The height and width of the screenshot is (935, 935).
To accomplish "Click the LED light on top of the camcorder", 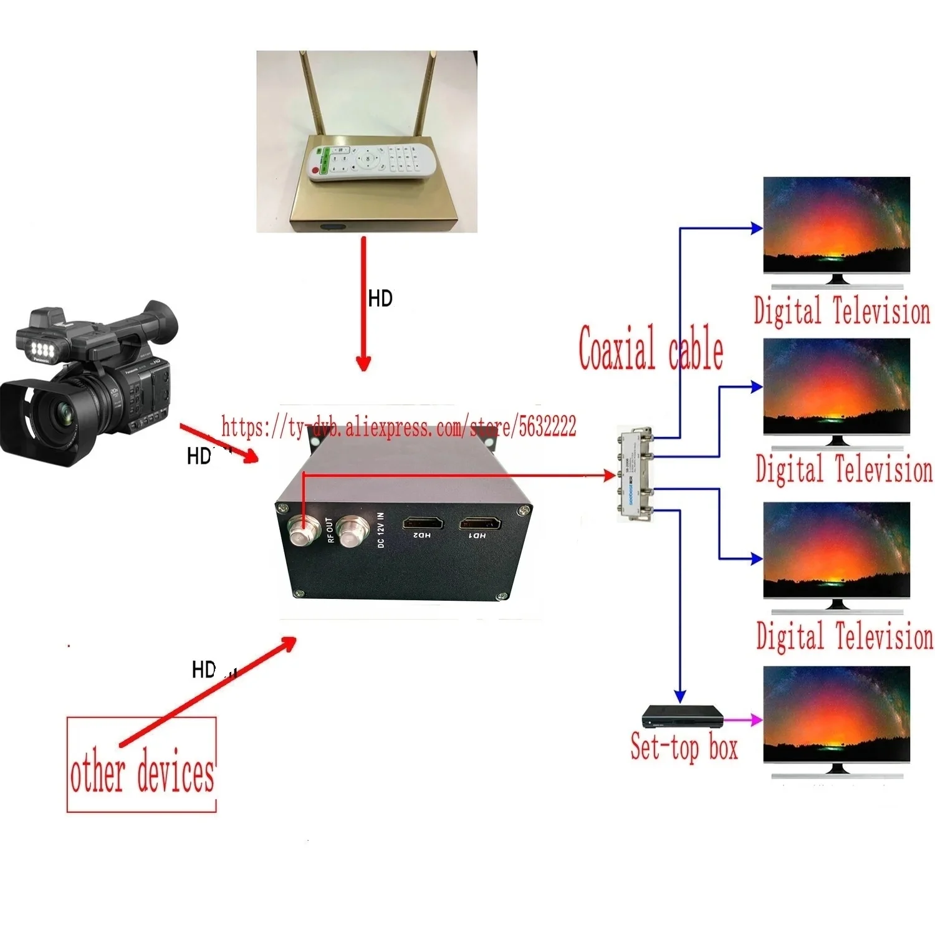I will (x=42, y=348).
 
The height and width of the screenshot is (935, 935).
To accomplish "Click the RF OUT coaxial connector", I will (x=303, y=532).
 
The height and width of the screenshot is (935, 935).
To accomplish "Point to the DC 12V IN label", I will (x=381, y=530).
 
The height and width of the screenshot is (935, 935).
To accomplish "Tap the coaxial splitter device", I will (x=635, y=474).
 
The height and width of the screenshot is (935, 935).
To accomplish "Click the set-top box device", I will (x=683, y=717).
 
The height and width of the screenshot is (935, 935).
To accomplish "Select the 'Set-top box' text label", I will (x=684, y=747).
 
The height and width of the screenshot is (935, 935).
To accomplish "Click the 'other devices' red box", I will (x=141, y=765).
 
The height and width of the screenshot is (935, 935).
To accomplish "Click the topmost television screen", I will (x=837, y=224).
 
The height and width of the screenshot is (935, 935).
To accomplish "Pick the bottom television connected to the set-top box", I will (x=837, y=714).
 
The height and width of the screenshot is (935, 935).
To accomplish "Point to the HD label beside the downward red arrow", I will (x=380, y=299).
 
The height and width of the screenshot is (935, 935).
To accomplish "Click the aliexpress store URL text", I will (x=399, y=428).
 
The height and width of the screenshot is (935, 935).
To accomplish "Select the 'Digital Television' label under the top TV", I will (x=841, y=311).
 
